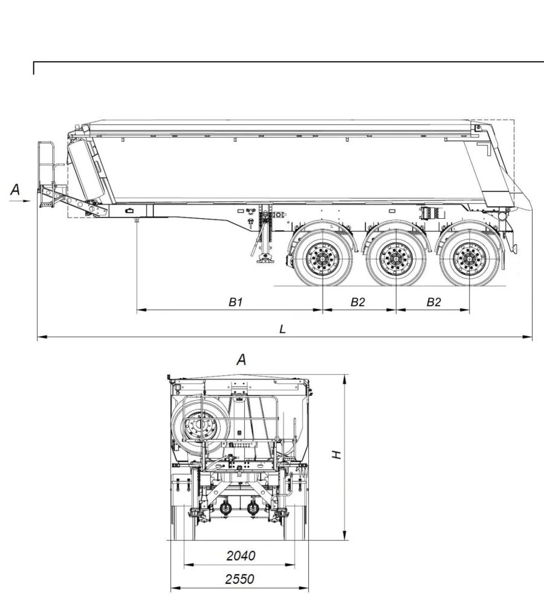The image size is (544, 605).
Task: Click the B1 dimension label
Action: (235, 302)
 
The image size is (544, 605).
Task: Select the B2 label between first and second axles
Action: (358, 302)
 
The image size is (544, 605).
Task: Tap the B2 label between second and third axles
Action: (433, 302)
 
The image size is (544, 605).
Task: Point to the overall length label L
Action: (282, 329)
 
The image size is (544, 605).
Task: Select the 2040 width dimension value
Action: (240, 555)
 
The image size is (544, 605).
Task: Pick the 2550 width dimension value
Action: (240, 579)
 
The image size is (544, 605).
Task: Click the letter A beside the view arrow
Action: (16, 190)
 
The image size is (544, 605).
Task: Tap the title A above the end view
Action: (241, 360)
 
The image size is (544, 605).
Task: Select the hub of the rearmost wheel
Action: (469, 259)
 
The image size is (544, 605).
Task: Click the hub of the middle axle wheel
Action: (395, 259)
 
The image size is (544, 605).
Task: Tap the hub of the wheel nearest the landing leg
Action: (323, 259)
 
